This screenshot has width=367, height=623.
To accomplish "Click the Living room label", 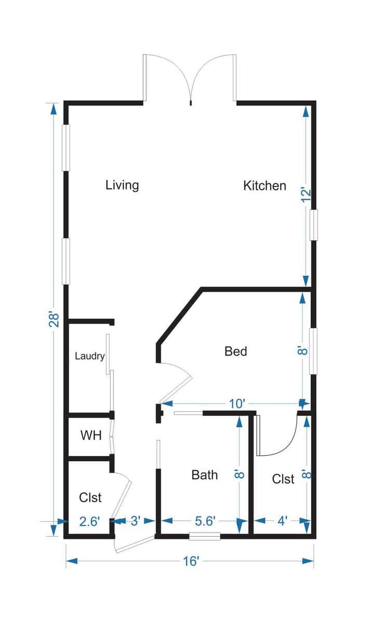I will point(122,185).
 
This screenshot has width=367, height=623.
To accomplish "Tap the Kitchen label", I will point(265,185).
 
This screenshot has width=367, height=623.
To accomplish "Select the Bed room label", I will point(236,351).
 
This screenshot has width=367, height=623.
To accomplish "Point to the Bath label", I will point(205,475).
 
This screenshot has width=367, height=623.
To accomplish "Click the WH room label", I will point(91,435).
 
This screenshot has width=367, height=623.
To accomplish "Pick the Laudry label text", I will point(90,356).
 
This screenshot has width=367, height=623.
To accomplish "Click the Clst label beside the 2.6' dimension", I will point(90,497).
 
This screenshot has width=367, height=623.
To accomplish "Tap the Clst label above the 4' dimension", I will point(283,479).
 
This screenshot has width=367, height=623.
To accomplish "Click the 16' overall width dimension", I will point(191,561).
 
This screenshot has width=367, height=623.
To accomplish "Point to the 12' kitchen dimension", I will point(306,194).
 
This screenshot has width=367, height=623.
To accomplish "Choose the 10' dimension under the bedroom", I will point(236,403).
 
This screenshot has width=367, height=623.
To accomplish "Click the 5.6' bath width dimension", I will point(206,521).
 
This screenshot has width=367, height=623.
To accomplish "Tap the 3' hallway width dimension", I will point(135,521).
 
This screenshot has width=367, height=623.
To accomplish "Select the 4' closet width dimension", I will point(283,521).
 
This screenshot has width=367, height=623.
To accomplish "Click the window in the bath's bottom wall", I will point(205,536).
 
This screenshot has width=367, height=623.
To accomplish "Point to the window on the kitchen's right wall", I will point(314,225).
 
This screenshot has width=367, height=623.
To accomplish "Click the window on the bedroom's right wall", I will point(314,350).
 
